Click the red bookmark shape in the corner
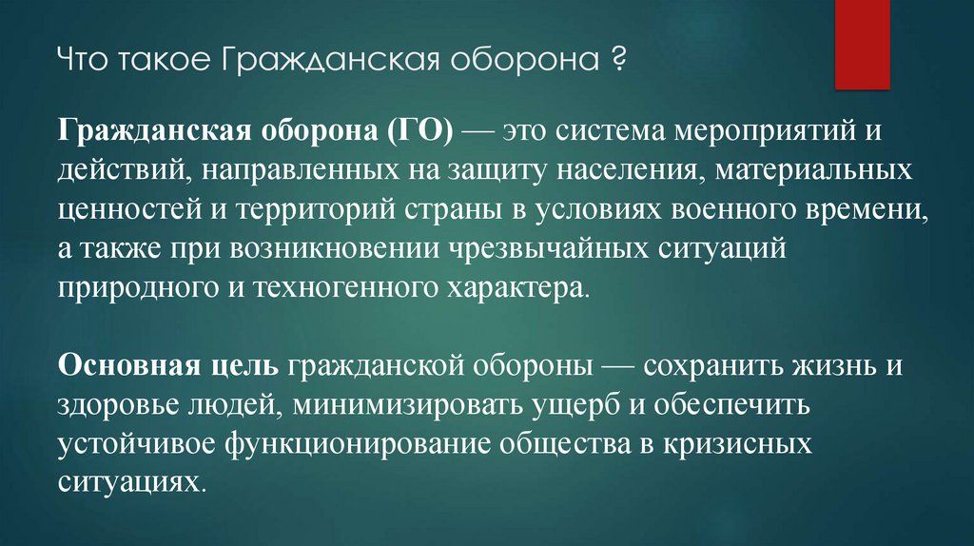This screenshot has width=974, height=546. [x=862, y=42]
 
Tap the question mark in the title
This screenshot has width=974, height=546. [x=618, y=65]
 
